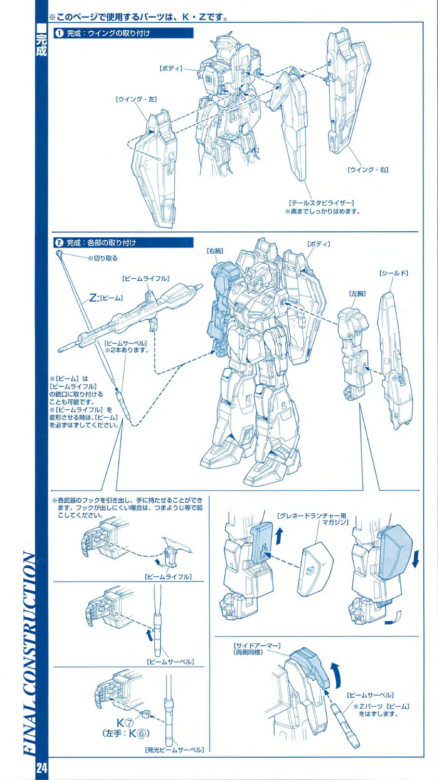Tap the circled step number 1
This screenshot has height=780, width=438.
coord(59,33)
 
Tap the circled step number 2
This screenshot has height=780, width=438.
coord(59,242)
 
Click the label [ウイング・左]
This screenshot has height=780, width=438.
coord(136,99)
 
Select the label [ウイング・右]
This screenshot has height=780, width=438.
coord(368,170)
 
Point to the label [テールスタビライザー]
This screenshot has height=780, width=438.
coord(321,203)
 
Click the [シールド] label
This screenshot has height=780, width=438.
coord(393,273)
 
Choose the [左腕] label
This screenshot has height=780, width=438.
coord(357,294)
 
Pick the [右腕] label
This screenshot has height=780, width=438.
coord(215,251)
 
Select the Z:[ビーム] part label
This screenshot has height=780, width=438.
coord(106,298)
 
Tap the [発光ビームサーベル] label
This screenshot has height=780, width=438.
coord(174,749)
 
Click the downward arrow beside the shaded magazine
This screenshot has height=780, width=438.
coord(415,559)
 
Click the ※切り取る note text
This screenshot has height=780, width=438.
coord(102,258)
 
